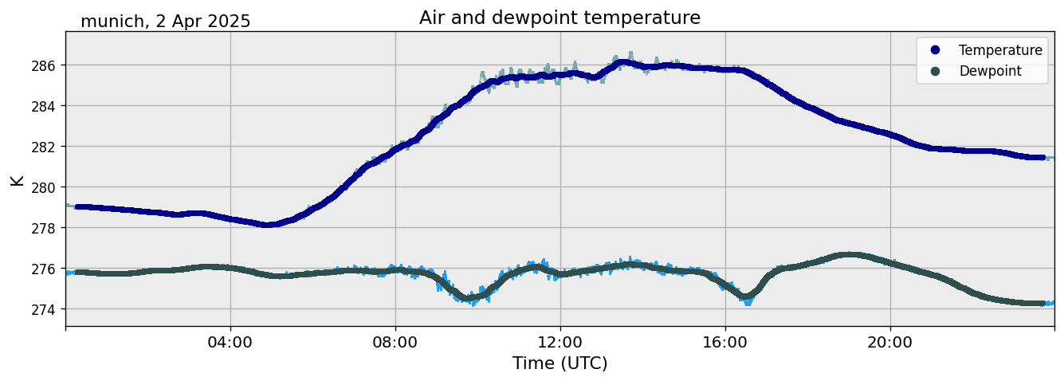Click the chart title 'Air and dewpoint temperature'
coord(559,18)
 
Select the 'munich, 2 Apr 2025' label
coord(166,22)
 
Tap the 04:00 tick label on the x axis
coord(230,343)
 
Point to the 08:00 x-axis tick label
coord(395,343)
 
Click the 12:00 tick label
coord(560,343)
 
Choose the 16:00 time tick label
coord(725,343)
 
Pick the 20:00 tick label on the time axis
coord(890,343)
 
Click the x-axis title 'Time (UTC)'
coord(559,363)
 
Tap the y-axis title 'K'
coord(18,180)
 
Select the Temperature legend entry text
coord(1000,50)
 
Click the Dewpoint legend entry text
coord(990,71)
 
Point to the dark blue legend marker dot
coord(935,50)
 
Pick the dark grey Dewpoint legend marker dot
coord(935,71)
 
